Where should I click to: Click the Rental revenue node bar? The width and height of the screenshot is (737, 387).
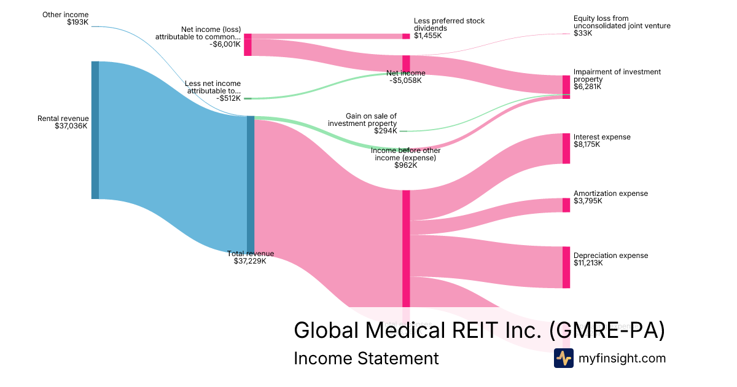pos(95,130)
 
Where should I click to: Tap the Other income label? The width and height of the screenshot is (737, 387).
pos(65,15)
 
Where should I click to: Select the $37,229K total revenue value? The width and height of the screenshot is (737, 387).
pos(250,261)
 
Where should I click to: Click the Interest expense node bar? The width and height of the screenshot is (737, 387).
pos(566,148)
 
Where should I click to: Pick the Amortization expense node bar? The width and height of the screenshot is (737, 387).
pos(566,205)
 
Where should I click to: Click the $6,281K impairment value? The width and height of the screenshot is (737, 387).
pos(587,87)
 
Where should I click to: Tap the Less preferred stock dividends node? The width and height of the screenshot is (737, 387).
pos(406,36)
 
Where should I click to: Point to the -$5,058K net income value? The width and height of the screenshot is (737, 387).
pos(405,80)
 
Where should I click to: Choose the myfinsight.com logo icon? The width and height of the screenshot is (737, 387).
pos(563,358)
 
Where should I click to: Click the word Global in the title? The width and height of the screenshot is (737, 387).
pos(326,330)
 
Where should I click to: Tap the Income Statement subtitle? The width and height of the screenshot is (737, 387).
pos(366,358)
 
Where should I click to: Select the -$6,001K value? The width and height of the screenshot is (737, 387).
pos(224,44)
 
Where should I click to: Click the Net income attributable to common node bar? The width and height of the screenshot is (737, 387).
pos(248,45)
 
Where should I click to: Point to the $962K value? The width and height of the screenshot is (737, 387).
pos(405,165)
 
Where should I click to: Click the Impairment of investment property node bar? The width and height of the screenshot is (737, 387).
pos(566,87)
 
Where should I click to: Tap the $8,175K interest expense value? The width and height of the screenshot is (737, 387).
pos(587,144)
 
